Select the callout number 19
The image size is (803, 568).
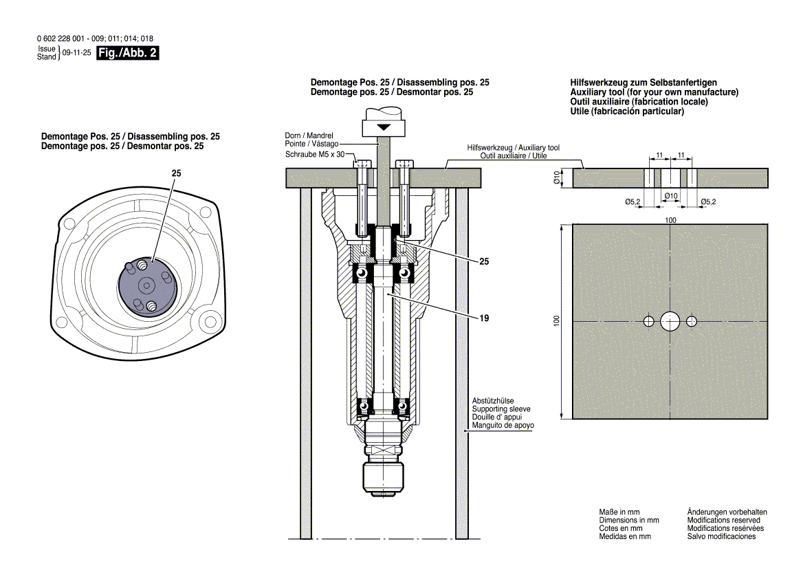click(x=485, y=318)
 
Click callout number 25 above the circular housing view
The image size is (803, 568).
click(x=177, y=175)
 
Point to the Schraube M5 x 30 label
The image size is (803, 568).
click(x=314, y=154)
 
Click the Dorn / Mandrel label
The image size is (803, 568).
click(x=309, y=135)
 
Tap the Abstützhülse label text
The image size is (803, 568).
click(x=493, y=400)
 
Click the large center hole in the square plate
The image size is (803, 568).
click(x=670, y=321)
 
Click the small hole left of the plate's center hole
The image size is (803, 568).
click(x=648, y=321)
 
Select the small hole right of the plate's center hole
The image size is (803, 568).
click(x=692, y=321)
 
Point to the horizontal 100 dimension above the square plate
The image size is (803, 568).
click(x=670, y=220)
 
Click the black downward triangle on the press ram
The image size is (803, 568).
click(x=383, y=128)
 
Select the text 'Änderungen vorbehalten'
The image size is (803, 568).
click(x=727, y=512)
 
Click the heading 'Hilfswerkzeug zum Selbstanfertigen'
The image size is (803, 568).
click(x=633, y=83)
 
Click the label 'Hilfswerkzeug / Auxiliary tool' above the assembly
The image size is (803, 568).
click(x=513, y=148)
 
